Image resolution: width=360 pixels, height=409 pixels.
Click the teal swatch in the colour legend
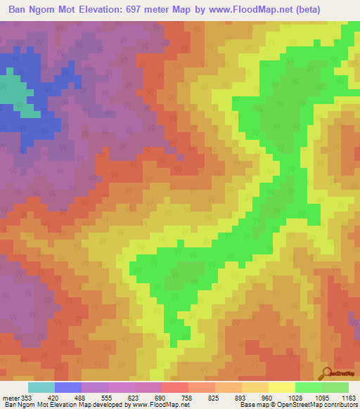pos(41,387)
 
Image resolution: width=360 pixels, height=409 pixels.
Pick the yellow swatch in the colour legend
pos(281,387)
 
